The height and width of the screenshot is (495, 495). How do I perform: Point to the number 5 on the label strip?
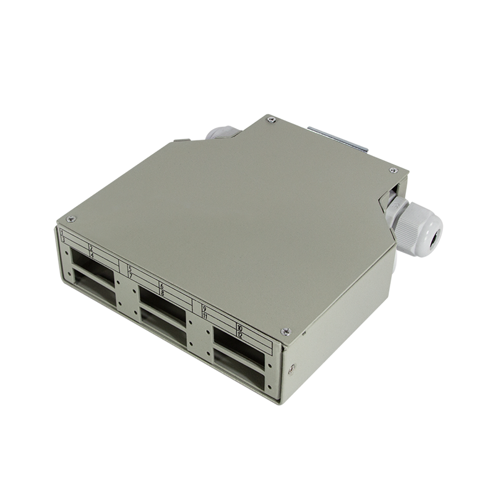[x=130, y=268]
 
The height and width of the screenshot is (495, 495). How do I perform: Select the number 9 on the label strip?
[x=204, y=308]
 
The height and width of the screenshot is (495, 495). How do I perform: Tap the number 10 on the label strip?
[x=239, y=327]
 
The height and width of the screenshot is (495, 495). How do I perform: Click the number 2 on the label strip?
[x=91, y=247]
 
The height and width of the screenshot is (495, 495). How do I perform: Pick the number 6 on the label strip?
[x=161, y=286]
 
